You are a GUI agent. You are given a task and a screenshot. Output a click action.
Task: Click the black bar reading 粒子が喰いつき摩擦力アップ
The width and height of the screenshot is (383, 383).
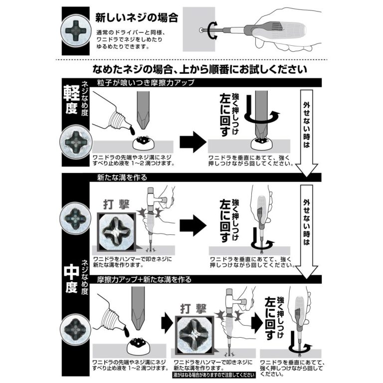click(x=140, y=82)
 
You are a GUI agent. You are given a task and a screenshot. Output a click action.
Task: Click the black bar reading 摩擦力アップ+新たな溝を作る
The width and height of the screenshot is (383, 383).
click(x=145, y=280)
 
